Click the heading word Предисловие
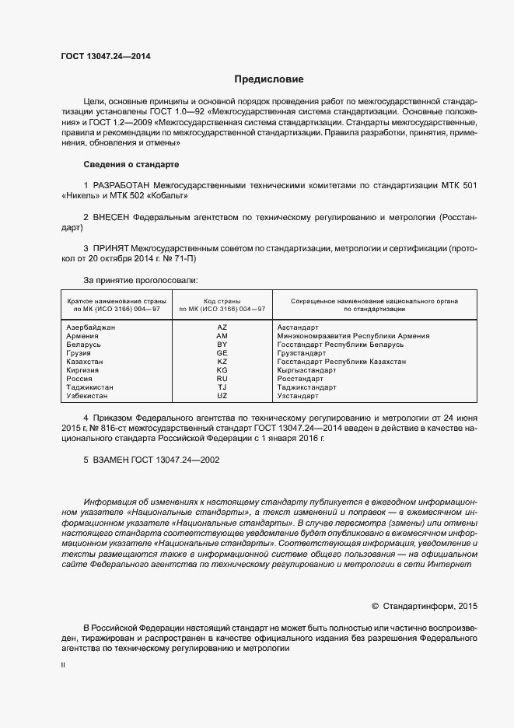coord(269,79)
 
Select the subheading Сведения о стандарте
coord(131,165)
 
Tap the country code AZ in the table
coord(222,327)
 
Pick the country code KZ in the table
coord(222,362)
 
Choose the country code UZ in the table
coord(222,396)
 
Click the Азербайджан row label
coord(91,327)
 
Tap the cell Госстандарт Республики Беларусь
coord(341,345)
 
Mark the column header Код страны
coord(222,300)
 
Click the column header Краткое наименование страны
coord(114,300)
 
